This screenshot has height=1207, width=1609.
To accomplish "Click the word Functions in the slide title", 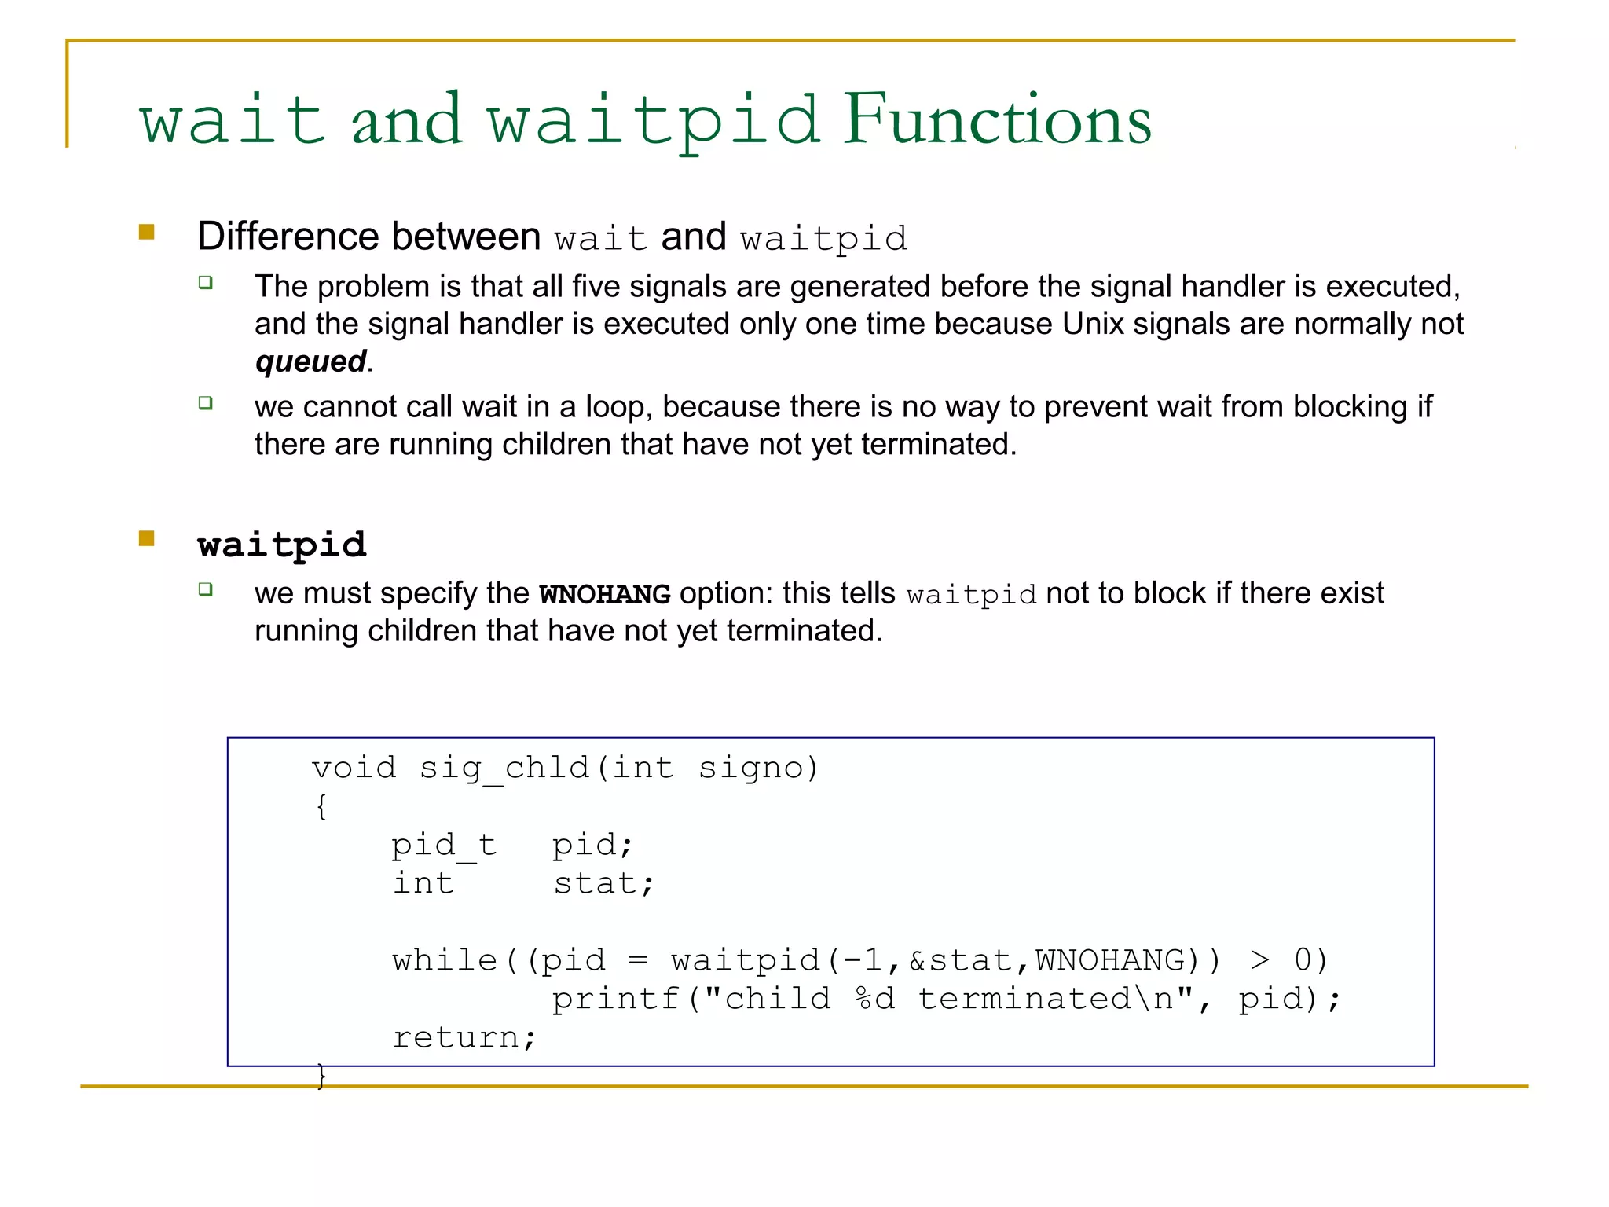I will [x=996, y=120].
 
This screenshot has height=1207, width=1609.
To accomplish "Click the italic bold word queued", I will [x=311, y=361].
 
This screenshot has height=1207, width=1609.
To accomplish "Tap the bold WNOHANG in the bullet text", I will [x=604, y=594].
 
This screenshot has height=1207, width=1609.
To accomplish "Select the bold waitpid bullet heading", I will [x=282, y=545].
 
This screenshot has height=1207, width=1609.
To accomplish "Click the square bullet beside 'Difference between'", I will [x=147, y=232].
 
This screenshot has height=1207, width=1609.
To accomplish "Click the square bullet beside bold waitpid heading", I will [x=147, y=538].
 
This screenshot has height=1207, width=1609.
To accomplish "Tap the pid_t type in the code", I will [x=444, y=846].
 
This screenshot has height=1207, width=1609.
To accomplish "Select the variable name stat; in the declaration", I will [x=603, y=884].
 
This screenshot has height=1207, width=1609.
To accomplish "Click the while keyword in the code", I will [x=445, y=960].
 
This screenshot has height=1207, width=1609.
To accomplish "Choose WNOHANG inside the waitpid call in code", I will [x=1110, y=960].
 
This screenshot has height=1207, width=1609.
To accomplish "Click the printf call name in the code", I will [x=615, y=999].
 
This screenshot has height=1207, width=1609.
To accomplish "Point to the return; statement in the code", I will [x=464, y=1037].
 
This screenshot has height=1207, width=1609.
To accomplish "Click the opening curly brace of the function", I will [x=321, y=807].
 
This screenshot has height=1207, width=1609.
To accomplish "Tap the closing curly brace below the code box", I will [x=321, y=1076].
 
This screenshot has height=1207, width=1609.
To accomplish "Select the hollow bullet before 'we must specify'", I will [x=206, y=589].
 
